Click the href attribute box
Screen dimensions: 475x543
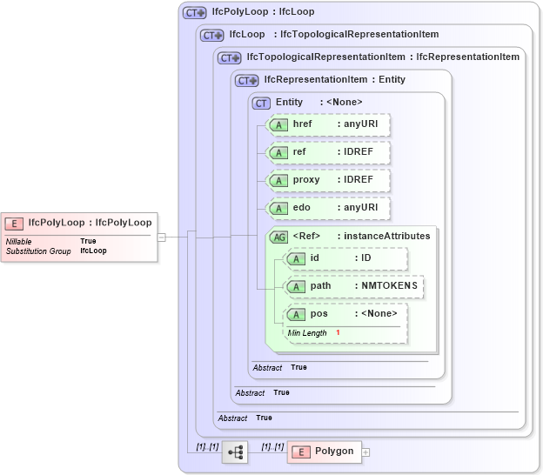328,124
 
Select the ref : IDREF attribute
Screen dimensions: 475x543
328,152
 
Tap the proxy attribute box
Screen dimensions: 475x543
328,180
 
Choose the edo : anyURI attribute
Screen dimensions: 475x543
328,208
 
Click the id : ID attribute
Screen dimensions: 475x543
345,258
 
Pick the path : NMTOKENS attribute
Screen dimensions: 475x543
354,285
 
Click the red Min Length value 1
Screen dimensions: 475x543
338,333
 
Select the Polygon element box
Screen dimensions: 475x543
324,452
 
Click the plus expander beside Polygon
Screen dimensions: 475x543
366,452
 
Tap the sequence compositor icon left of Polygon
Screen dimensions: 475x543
235,452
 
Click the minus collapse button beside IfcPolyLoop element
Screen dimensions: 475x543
161,237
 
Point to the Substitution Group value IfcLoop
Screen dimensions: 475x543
93,251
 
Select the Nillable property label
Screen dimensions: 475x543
19,241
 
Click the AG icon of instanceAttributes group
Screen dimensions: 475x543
279,236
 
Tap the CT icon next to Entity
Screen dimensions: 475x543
261,103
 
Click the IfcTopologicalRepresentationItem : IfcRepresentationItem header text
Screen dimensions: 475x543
383,57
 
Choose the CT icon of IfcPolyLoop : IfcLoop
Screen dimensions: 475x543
193,12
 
